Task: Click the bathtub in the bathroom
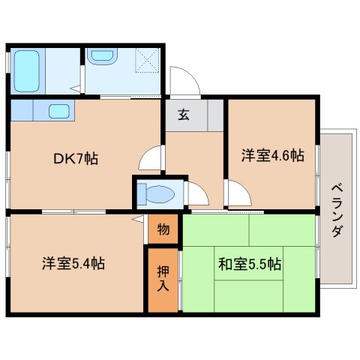[x=27, y=71]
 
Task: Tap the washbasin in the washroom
[x=104, y=56]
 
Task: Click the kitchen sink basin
[x=59, y=111]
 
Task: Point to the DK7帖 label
[x=76, y=158]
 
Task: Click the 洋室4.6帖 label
[x=272, y=155]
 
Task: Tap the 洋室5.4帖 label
[x=73, y=263]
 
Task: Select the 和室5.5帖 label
[x=250, y=264]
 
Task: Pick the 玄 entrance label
[x=184, y=115]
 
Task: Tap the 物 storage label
[x=163, y=229]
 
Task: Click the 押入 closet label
[x=163, y=278]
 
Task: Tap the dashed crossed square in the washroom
[x=148, y=60]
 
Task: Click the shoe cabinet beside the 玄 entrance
[x=215, y=115]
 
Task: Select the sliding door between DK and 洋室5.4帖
[x=73, y=212]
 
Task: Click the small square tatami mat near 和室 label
[x=248, y=263]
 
